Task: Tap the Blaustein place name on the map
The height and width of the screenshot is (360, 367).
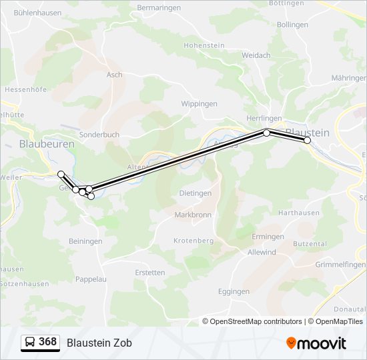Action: pos(307,133)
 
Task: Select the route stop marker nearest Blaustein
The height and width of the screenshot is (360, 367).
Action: pos(308,140)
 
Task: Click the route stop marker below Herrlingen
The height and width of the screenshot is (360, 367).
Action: pos(267,133)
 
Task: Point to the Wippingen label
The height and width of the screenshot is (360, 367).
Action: pos(200,104)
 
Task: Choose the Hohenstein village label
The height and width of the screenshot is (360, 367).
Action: pos(204,45)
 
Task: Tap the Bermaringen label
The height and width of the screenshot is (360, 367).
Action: pos(159,7)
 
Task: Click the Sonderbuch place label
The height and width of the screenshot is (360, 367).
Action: pos(99,134)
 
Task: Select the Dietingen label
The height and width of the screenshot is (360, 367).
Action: pos(196,193)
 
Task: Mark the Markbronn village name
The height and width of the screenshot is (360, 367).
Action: pos(193,215)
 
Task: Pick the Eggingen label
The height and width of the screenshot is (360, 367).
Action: pos(234,291)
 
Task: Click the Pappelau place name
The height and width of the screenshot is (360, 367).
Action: pos(91,279)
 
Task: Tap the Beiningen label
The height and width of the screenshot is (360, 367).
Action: pos(85,241)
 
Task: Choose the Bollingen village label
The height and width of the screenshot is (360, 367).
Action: pos(292,25)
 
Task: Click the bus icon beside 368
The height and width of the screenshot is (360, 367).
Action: pos(30,343)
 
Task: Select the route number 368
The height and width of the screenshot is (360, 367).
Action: pos(48,342)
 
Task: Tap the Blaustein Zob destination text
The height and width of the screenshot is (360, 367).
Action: pos(99,343)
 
